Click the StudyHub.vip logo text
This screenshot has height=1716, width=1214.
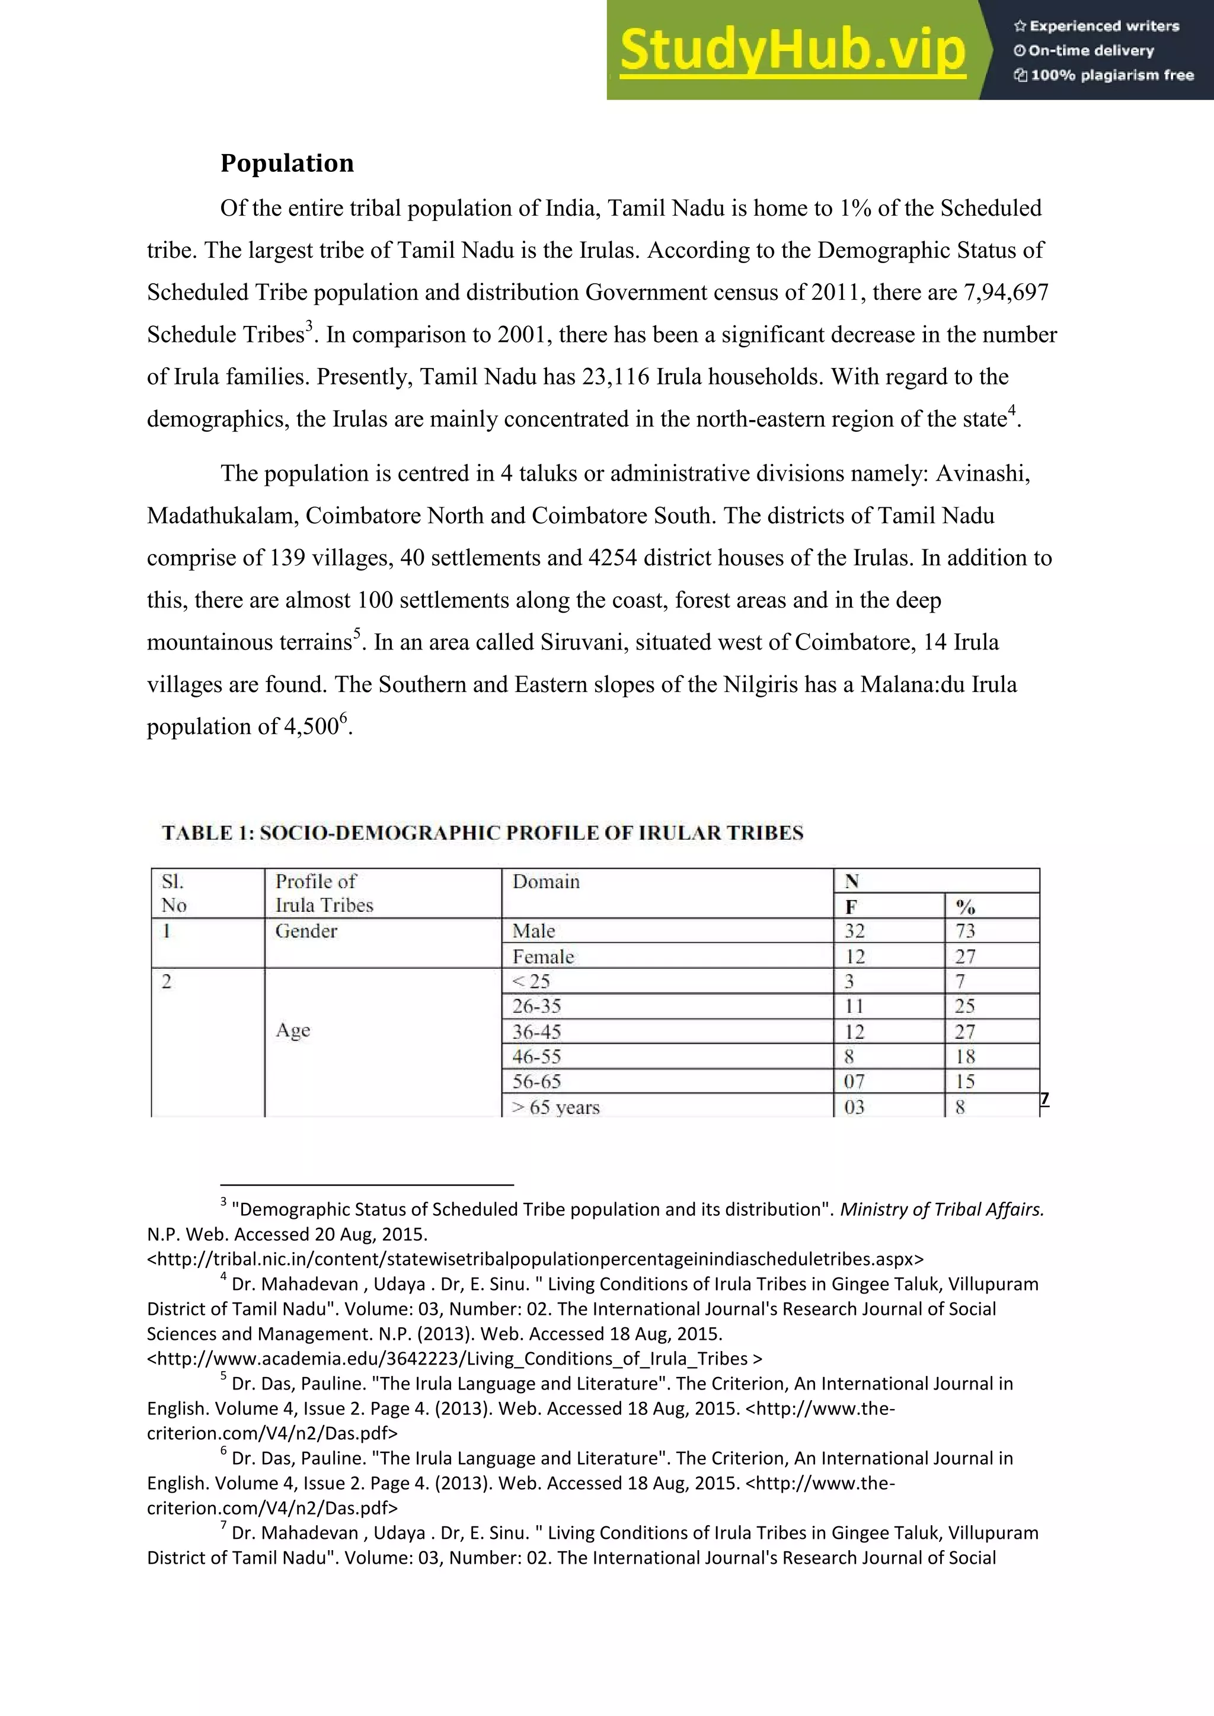tap(793, 50)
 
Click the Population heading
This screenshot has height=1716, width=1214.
tap(287, 163)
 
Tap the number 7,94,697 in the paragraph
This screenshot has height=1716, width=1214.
tap(1005, 292)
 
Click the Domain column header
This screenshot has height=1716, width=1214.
tap(546, 882)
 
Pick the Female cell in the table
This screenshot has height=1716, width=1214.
tap(544, 956)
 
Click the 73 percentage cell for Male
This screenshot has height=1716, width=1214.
tap(965, 931)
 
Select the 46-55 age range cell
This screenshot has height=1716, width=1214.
tap(536, 1057)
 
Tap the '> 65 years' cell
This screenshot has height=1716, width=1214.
tap(555, 1107)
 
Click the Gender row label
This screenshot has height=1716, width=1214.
tap(306, 931)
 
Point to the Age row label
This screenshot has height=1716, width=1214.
tap(292, 1030)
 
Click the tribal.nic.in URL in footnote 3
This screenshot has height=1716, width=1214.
tap(535, 1259)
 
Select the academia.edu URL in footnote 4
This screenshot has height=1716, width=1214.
tap(455, 1359)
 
